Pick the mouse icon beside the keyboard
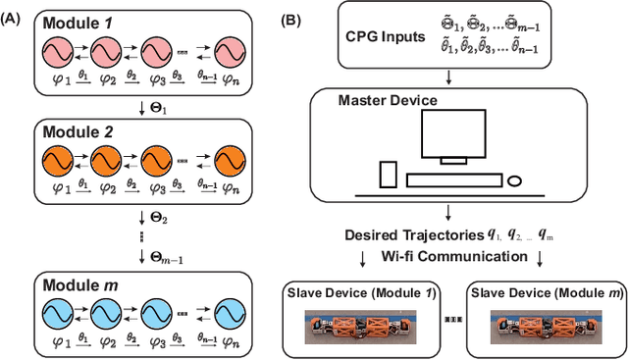point(515,180)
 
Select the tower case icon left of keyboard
point(387,175)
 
